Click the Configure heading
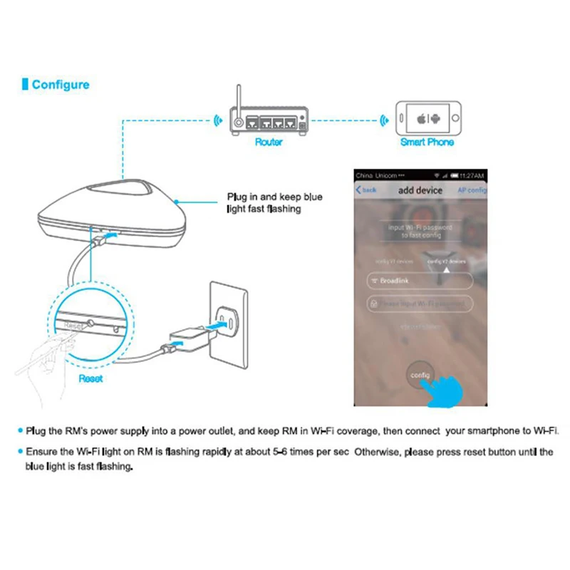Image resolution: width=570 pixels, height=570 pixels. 61,85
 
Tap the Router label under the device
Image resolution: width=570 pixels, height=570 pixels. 269,142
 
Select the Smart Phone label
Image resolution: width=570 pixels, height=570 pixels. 427,142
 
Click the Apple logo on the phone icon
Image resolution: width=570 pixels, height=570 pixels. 421,118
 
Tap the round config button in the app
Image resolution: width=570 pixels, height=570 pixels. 419,374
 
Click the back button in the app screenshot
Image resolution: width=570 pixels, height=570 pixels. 366,190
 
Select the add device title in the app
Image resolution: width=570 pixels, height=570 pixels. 420,190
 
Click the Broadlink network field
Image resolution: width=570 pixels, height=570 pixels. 420,281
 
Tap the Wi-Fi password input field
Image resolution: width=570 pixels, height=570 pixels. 420,304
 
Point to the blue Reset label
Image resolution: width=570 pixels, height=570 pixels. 90,378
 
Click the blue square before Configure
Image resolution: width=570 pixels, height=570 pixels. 25,85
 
